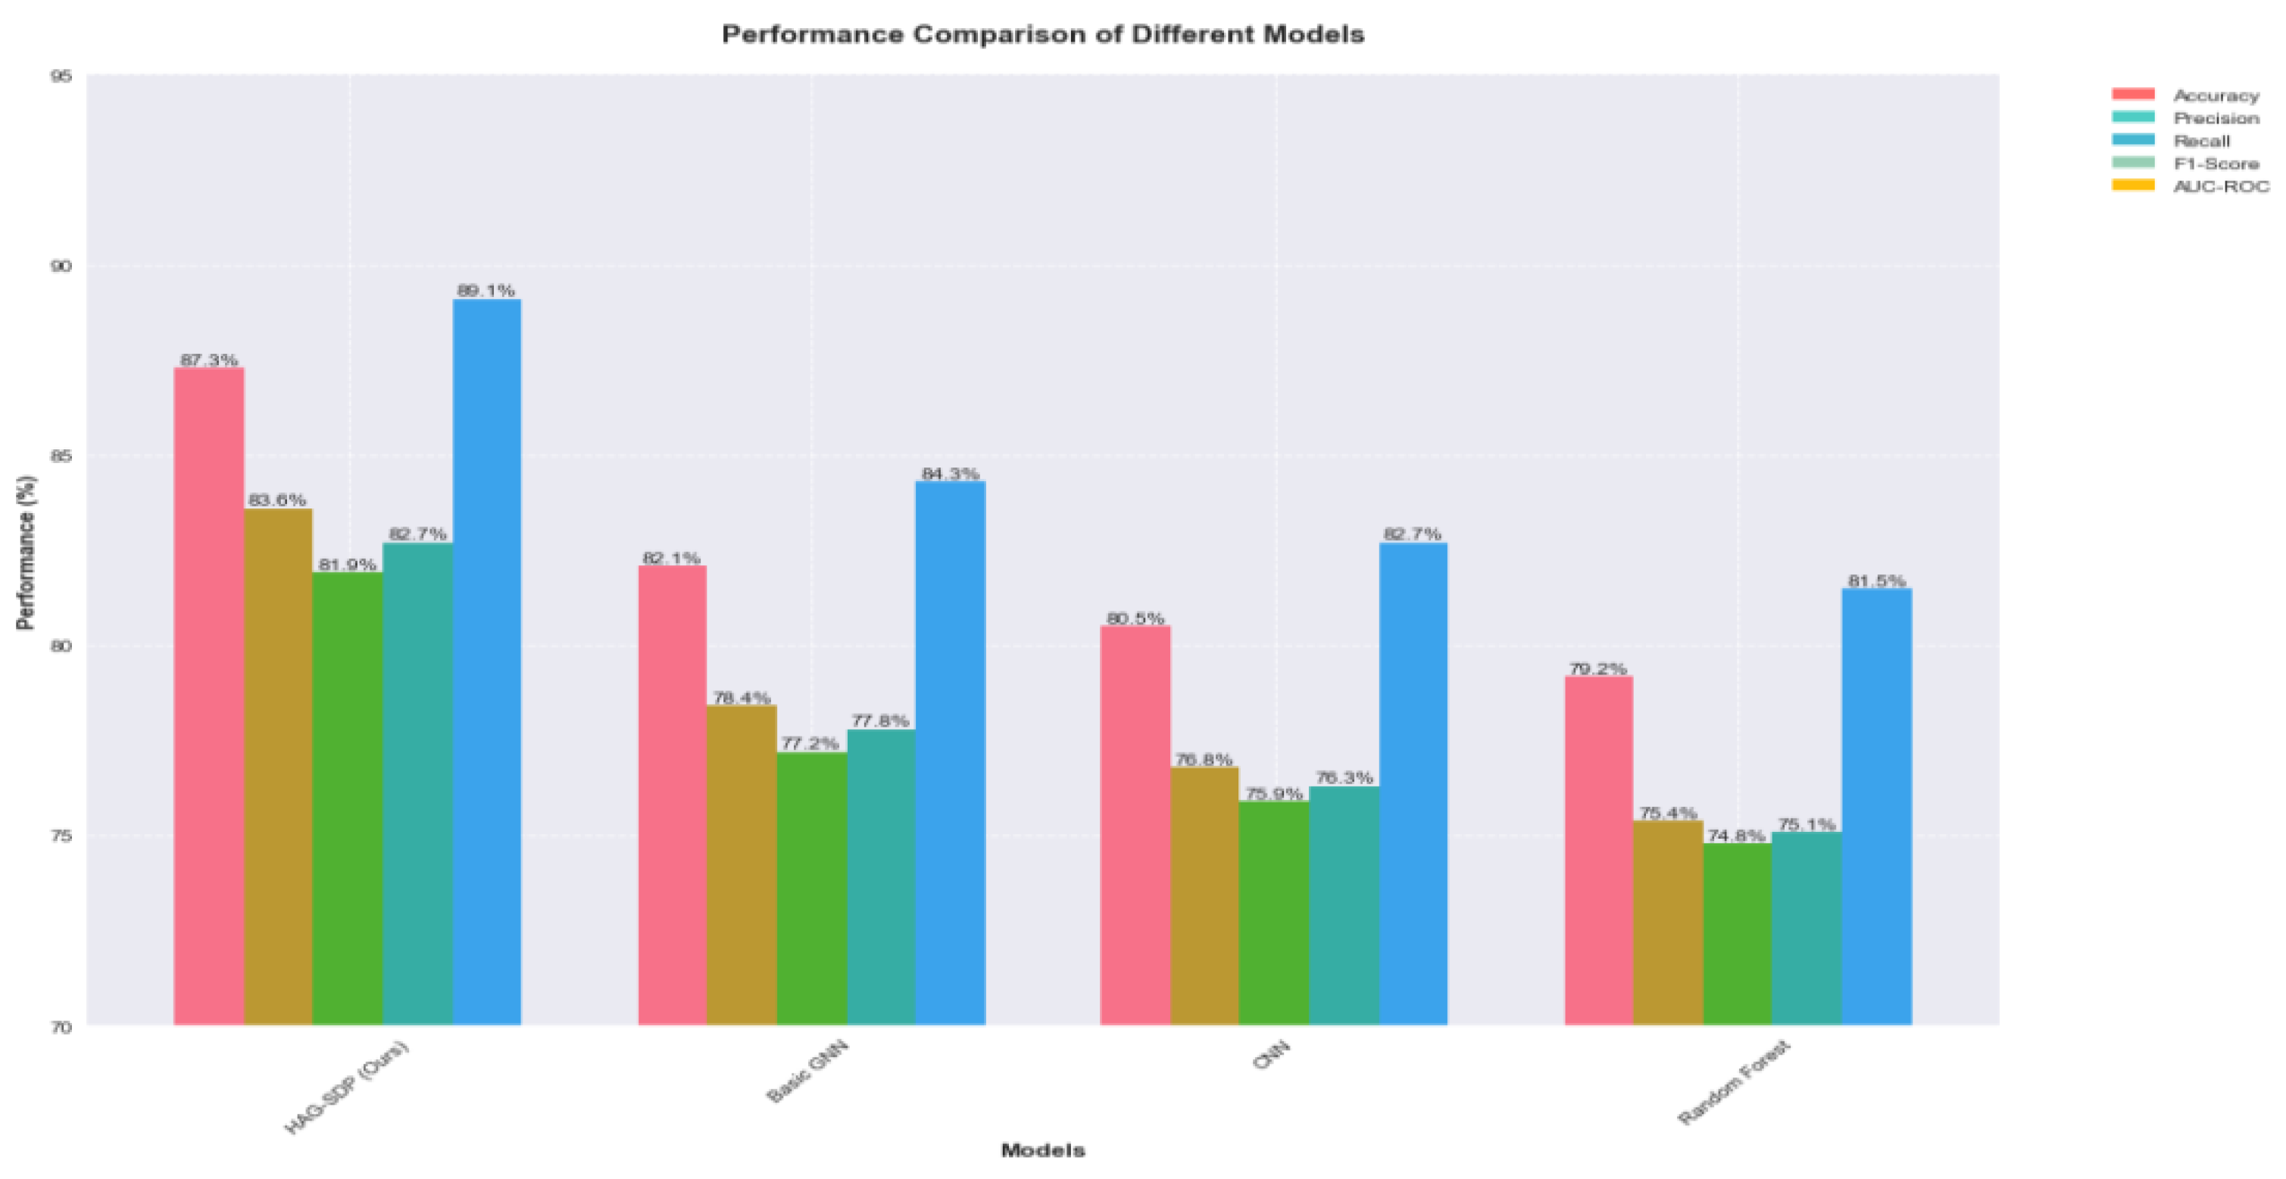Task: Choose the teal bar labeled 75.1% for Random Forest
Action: click(1806, 927)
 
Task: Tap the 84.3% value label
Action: click(950, 474)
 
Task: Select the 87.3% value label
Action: click(208, 361)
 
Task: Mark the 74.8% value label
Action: click(1736, 836)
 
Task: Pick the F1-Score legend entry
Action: click(2215, 164)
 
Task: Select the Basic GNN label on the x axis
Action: click(807, 1071)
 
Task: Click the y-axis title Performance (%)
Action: click(27, 552)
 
